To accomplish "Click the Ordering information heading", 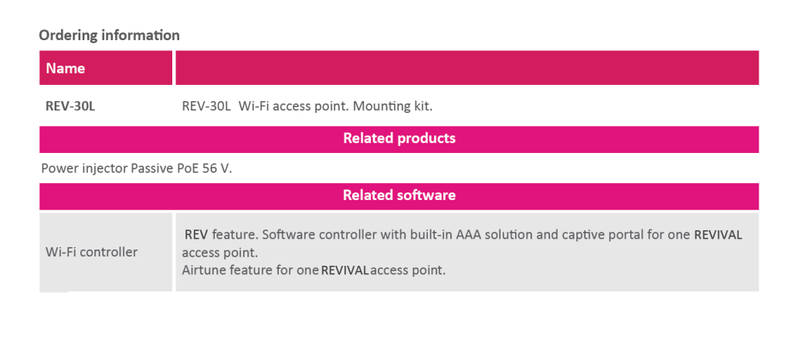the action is pos(109,36).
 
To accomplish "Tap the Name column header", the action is pos(66,69).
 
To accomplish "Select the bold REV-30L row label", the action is pos(70,107).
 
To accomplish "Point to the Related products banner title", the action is pos(399,138).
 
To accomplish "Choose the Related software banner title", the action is pos(399,195).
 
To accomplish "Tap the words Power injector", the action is pos(84,168).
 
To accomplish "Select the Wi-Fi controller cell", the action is pos(91,252).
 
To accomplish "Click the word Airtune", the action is pos(204,270).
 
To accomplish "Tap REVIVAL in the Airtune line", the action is pos(345,270).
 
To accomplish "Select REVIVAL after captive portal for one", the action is pos(718,235).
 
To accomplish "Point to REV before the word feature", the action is pos(196,235).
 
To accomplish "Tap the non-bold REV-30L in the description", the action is pos(206,107).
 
